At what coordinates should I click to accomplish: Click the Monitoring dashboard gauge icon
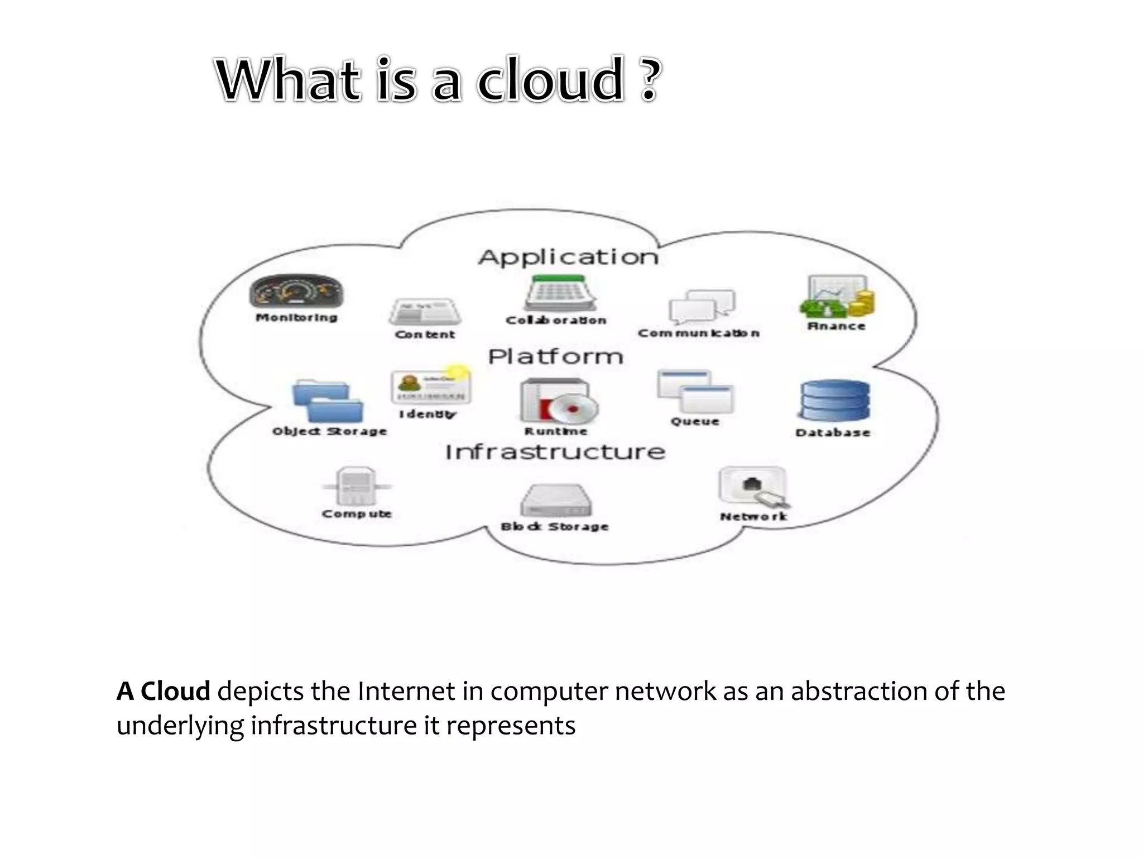(296, 291)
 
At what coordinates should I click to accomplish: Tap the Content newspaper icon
(425, 312)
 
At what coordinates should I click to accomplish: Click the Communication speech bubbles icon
(702, 307)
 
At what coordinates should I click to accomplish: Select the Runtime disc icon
(558, 402)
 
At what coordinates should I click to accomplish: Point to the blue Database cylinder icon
(835, 401)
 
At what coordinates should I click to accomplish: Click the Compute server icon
(356, 486)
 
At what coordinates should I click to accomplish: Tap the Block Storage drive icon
(556, 500)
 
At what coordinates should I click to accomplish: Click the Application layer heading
(568, 257)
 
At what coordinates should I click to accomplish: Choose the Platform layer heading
(555, 356)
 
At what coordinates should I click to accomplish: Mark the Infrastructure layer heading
(555, 452)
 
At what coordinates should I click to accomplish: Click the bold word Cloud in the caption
(175, 692)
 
